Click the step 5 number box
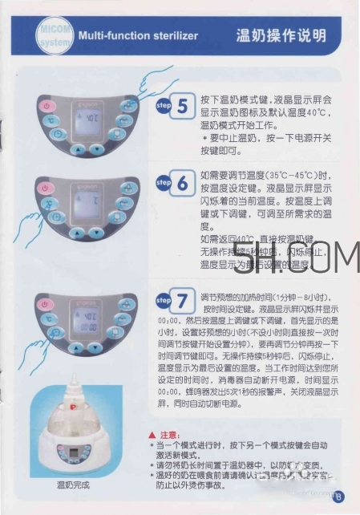tap(183, 106)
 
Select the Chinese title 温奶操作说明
tap(281, 36)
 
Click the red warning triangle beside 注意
tap(153, 436)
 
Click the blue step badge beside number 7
tap(163, 301)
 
